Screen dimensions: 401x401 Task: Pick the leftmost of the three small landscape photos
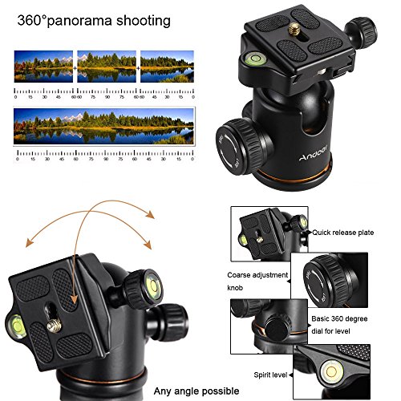(x=43, y=68)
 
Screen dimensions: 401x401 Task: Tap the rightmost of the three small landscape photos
(x=166, y=68)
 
